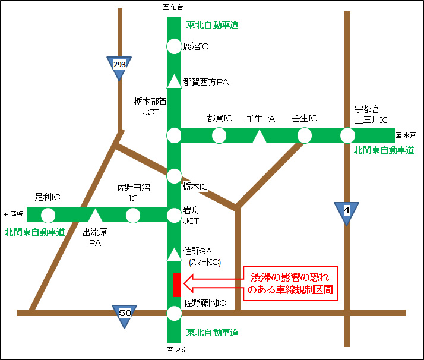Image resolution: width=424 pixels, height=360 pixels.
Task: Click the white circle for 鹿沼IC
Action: pos(173,46)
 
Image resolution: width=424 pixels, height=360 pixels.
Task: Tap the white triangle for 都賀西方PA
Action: pos(173,81)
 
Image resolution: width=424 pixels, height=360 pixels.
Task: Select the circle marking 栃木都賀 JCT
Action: pos(173,135)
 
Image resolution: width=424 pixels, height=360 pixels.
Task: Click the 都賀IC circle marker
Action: pos(219,135)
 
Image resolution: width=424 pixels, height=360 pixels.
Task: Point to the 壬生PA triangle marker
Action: pos(260,137)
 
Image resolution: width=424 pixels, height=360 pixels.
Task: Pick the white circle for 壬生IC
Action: pos(304,135)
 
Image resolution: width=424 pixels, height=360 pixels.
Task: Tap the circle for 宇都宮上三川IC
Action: pos(348,135)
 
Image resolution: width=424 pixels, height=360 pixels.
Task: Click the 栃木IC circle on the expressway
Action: pos(173,176)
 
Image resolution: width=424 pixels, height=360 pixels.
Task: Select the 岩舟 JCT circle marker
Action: pos(173,214)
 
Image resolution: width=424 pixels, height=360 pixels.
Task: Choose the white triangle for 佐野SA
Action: pos(173,254)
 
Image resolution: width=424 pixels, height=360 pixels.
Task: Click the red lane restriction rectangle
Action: pos(176,285)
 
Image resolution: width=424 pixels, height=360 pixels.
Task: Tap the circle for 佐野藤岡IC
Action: pos(173,313)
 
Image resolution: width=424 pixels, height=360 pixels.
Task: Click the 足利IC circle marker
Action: pos(48,214)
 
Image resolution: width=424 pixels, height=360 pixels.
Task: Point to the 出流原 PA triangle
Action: pos(96,215)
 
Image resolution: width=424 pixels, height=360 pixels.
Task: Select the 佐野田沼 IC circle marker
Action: pos(133,214)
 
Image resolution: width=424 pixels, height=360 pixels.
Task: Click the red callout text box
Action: pos(290,283)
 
